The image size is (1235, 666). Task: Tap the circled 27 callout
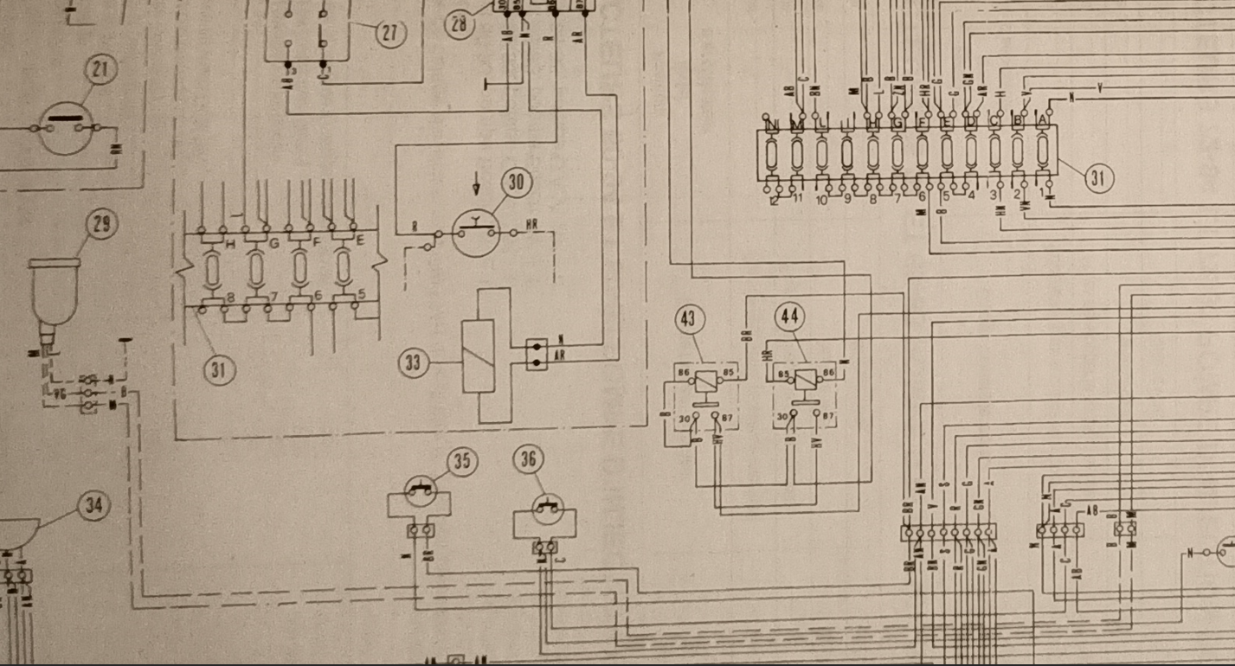390,32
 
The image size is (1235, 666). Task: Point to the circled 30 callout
517,183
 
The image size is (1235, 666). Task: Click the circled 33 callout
415,362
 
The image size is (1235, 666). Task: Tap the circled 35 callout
463,462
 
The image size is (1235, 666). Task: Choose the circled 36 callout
529,460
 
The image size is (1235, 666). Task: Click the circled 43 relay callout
688,319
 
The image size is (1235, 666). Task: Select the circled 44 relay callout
789,317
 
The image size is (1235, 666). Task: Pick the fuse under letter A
1043,152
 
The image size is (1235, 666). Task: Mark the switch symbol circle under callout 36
546,509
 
